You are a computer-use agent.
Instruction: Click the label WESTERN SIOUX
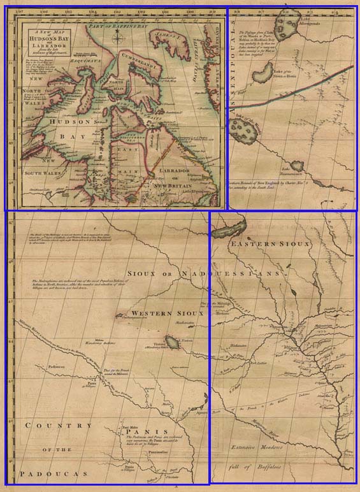[166, 314]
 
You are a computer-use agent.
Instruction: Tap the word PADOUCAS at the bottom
[50, 474]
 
